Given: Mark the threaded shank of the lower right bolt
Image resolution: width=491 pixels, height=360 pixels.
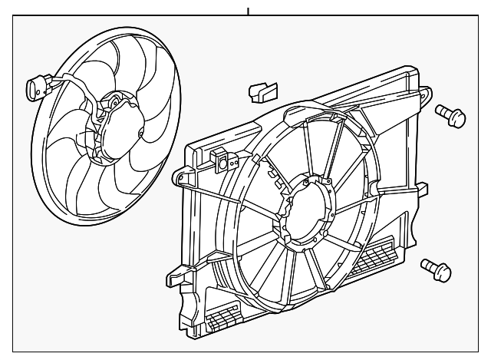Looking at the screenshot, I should pyautogui.click(x=428, y=265).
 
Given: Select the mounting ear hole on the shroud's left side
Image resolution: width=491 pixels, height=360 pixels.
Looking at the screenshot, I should pyautogui.click(x=183, y=177).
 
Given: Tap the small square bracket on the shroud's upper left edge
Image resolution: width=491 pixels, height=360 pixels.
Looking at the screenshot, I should pyautogui.click(x=225, y=160).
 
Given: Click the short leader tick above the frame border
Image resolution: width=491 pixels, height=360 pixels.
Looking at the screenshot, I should pyautogui.click(x=248, y=10).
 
